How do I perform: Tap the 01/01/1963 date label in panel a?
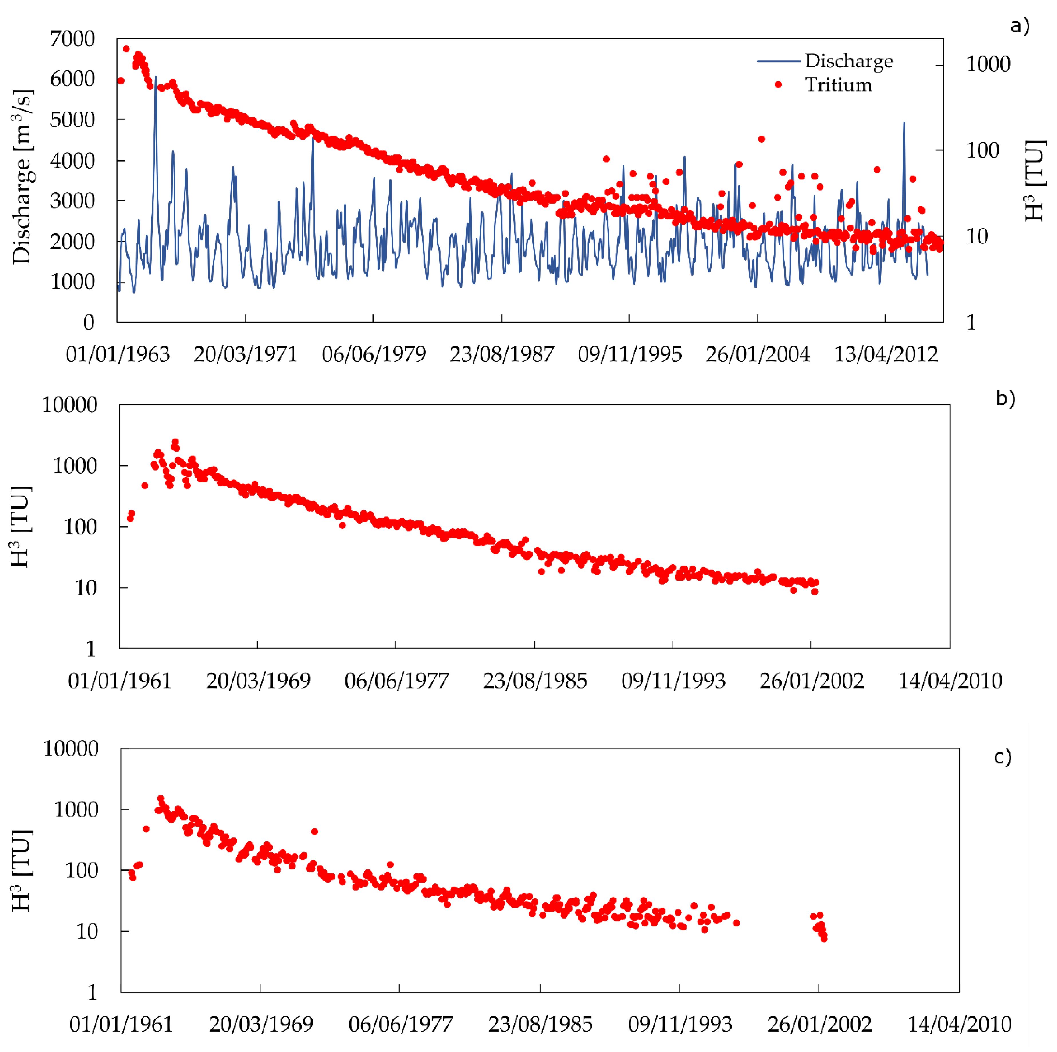118,354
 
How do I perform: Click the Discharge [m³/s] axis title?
23,176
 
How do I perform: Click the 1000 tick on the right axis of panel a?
987,64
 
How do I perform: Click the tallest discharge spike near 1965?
156,78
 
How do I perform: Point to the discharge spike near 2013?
904,124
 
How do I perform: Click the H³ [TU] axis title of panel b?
22,526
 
